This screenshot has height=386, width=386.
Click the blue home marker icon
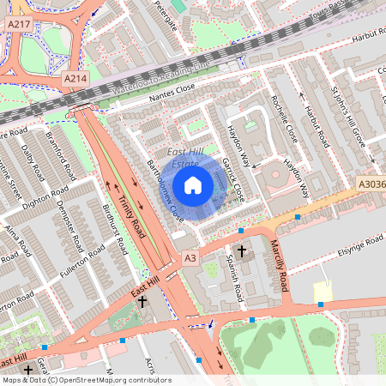pyautogui.click(x=193, y=184)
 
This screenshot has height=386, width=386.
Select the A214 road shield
pyautogui.click(x=75, y=78)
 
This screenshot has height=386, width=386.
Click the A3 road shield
pyautogui.click(x=190, y=258)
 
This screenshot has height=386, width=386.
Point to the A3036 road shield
pyautogui.click(x=371, y=184)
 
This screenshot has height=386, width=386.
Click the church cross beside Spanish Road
pyautogui.click(x=241, y=251)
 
